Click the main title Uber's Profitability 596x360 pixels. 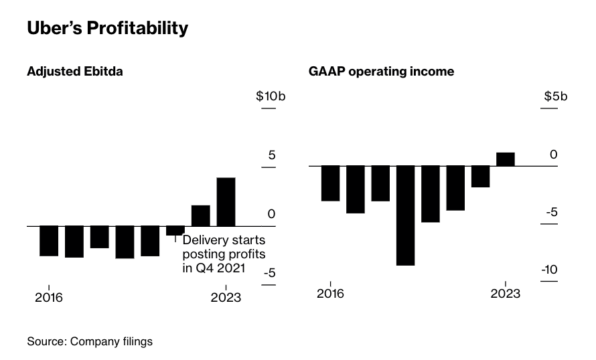click(107, 29)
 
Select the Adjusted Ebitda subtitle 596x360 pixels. click(74, 72)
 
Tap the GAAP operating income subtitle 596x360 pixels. click(381, 72)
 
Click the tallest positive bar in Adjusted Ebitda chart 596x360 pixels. click(226, 201)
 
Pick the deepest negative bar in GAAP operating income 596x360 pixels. click(406, 215)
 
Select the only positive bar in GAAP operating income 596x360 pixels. click(506, 159)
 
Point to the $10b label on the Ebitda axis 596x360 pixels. click(271, 96)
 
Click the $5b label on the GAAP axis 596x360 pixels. click(555, 96)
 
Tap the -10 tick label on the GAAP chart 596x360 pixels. click(549, 270)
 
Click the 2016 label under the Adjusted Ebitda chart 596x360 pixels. click(48, 297)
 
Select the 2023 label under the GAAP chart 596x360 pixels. click(506, 294)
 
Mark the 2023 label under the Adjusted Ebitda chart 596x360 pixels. click(226, 297)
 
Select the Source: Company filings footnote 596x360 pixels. click(90, 342)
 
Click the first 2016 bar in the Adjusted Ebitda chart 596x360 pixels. click(48, 241)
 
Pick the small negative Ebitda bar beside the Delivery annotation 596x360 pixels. click(175, 230)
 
